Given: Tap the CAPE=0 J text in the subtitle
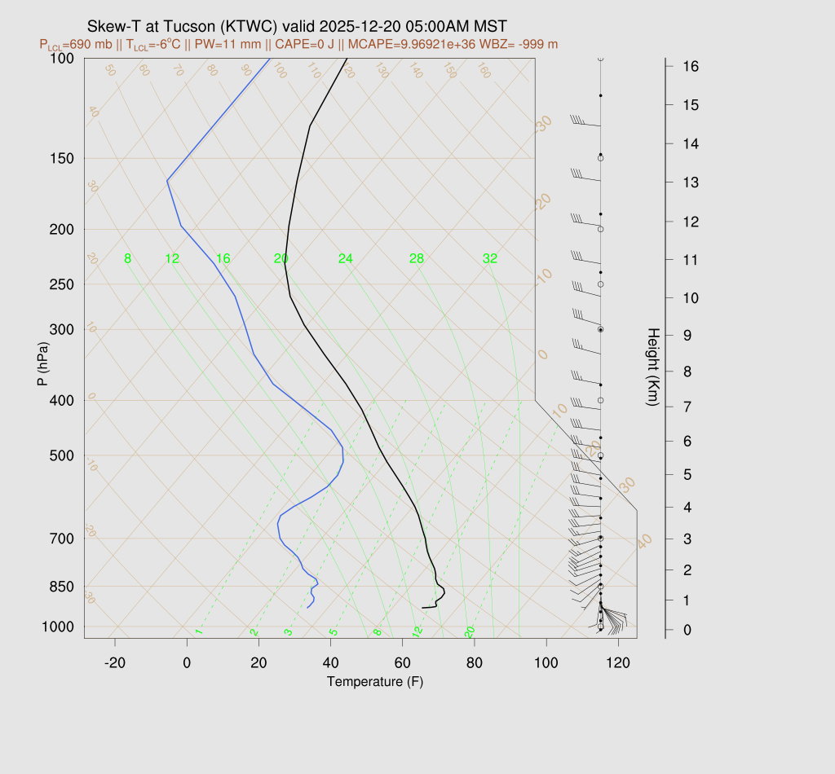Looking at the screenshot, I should (308, 44).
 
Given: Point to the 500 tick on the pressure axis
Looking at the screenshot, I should (63, 455).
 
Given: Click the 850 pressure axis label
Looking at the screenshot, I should (63, 587).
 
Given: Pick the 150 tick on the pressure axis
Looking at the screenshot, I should (63, 158).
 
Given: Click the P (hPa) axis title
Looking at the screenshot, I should (42, 362).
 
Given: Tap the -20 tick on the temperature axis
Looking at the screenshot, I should (115, 663).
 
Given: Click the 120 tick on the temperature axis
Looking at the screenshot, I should (618, 663).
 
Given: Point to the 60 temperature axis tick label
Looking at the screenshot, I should (402, 663).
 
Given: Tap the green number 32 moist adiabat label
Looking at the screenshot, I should (490, 259).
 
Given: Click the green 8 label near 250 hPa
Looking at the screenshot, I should (128, 259).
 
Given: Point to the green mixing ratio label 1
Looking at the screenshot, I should (198, 632).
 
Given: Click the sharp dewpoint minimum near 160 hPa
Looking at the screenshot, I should (167, 180).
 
